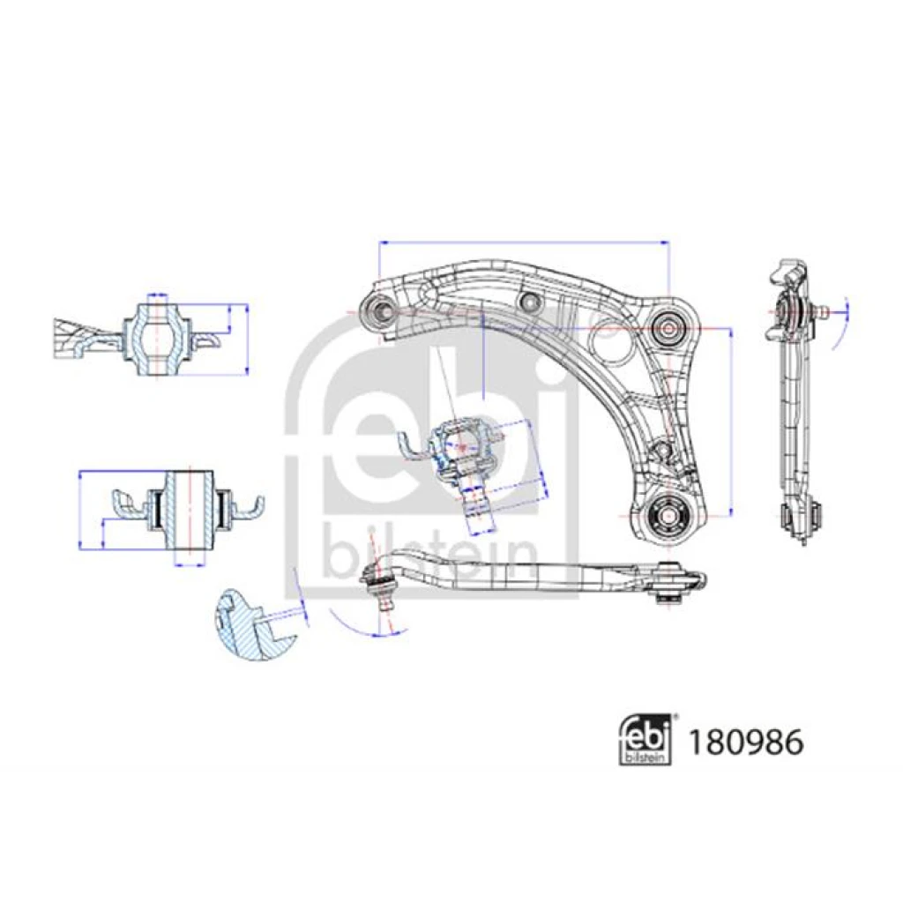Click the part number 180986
click(746, 743)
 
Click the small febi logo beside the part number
click(646, 742)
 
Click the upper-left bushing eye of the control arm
click(379, 311)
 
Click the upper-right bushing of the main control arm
click(668, 329)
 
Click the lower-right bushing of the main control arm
click(666, 514)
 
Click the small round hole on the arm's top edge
click(528, 300)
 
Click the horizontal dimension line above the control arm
click(524, 243)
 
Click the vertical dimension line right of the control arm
click(731, 422)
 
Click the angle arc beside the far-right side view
click(841, 325)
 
